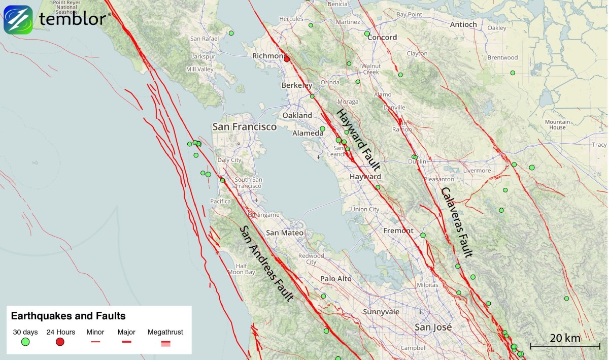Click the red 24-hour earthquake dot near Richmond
(x=287, y=59)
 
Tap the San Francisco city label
(x=244, y=126)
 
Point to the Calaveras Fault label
(x=457, y=222)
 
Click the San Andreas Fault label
(x=266, y=264)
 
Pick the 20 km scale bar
(x=565, y=345)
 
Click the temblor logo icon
(x=18, y=20)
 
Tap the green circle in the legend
(x=25, y=342)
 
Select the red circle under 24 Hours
(x=60, y=342)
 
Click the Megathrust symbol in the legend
(x=165, y=343)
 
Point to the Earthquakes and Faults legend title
(x=68, y=316)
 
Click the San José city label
(x=433, y=327)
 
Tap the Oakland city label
(x=297, y=115)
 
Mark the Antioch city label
(x=463, y=24)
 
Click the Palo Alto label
(x=335, y=279)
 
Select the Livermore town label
(x=477, y=171)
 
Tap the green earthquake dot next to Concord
(x=367, y=34)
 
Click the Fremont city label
(x=398, y=231)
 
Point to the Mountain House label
(x=557, y=124)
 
